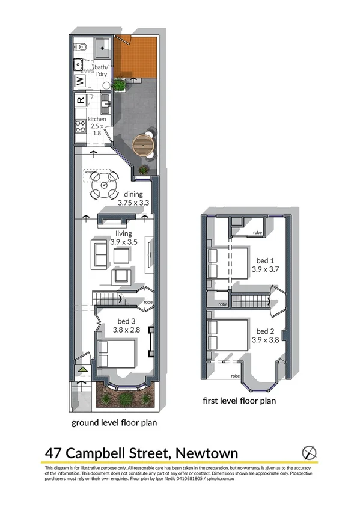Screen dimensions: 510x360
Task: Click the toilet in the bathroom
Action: (x=82, y=47)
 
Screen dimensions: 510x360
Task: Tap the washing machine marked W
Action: (x=80, y=81)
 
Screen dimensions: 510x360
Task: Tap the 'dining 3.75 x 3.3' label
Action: (x=133, y=199)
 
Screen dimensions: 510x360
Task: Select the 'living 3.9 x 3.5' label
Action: (x=124, y=236)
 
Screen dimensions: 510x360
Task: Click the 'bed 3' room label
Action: (x=126, y=325)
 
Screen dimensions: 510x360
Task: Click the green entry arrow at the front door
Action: (x=83, y=369)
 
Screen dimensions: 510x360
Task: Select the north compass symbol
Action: (x=308, y=452)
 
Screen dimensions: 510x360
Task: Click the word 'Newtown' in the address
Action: (x=206, y=452)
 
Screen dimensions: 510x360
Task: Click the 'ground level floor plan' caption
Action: (x=114, y=422)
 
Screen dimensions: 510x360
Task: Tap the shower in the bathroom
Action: (x=102, y=46)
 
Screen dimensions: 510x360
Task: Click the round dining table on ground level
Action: (x=103, y=186)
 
